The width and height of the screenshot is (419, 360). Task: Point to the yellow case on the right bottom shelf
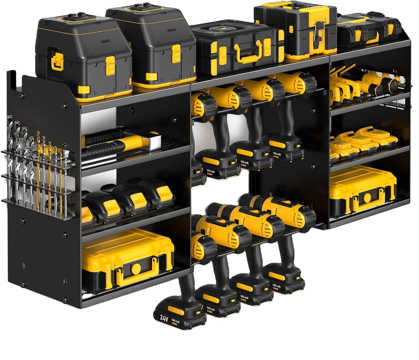point(363,189)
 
